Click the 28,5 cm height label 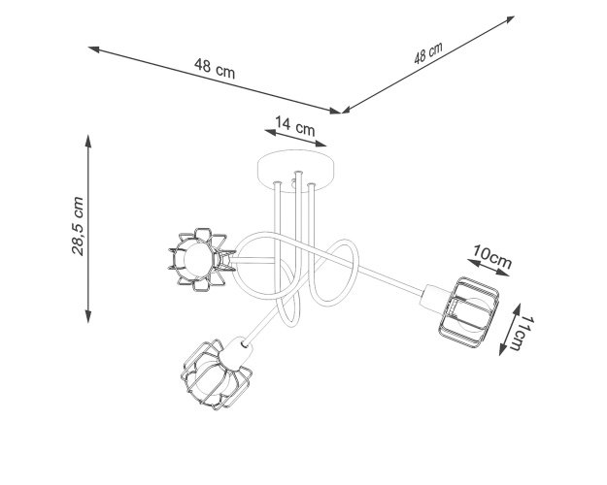tap(78, 226)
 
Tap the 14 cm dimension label tap(295, 126)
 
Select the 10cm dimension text tap(491, 256)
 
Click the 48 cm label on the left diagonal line tap(215, 69)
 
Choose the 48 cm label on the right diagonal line tap(428, 53)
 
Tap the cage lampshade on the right tap(468, 310)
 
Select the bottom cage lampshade tap(216, 374)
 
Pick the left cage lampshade tap(201, 259)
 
